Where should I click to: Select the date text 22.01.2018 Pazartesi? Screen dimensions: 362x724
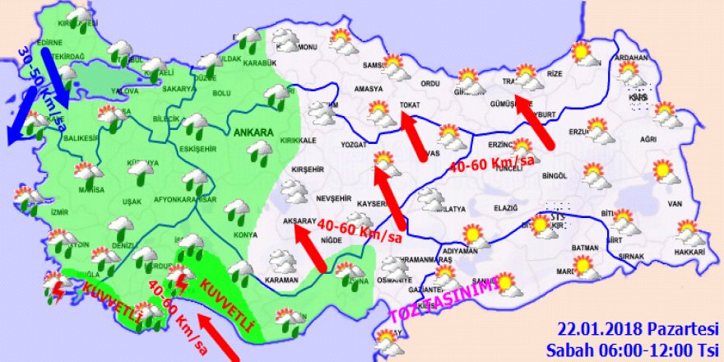[x=638, y=327]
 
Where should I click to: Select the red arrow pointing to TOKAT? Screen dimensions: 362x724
[x=417, y=137]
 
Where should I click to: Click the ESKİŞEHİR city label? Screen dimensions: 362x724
[x=195, y=150]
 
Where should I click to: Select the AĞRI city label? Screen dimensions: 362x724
[x=649, y=140]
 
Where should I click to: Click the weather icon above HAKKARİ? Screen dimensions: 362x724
[x=689, y=232]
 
